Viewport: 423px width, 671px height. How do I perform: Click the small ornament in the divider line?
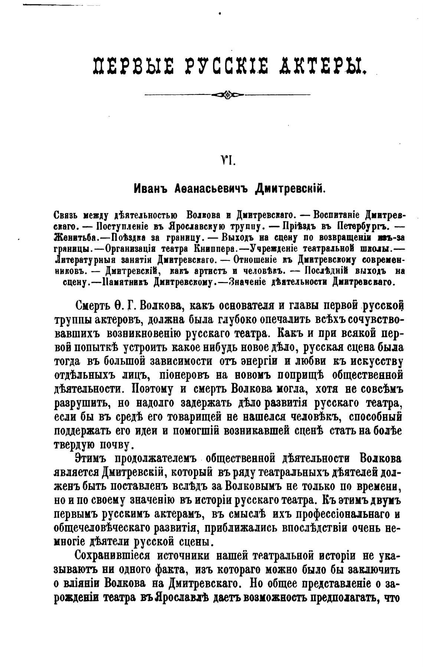[227, 95]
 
